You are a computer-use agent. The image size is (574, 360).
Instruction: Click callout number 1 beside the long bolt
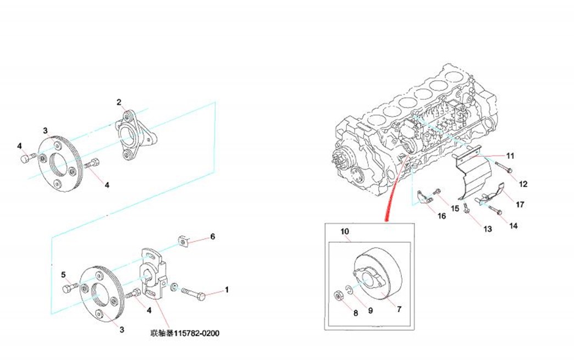click(x=227, y=289)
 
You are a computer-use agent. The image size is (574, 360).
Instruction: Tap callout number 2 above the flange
click(x=118, y=102)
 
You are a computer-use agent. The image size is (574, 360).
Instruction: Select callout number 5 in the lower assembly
click(x=63, y=274)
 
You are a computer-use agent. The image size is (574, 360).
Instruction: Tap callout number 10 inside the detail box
click(x=345, y=231)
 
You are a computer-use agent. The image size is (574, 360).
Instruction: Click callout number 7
click(x=399, y=309)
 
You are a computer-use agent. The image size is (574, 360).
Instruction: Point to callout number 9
click(x=371, y=311)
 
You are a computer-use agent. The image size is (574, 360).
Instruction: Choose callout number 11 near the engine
click(x=510, y=156)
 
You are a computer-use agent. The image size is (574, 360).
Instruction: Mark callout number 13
click(x=488, y=229)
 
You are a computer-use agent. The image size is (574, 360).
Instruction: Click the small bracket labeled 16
click(x=424, y=197)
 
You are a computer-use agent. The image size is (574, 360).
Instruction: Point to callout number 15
click(x=455, y=208)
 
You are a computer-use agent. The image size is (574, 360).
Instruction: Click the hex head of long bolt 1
click(x=202, y=296)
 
